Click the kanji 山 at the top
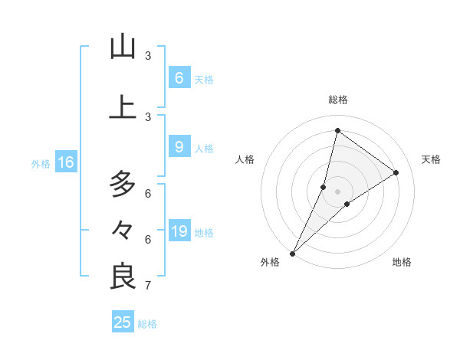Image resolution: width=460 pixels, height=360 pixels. click(123, 47)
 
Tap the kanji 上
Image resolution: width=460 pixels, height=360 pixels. click(123, 107)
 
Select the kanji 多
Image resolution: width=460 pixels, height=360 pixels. click(123, 185)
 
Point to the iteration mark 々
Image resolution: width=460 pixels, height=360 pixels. click(123, 229)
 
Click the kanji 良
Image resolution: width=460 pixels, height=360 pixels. click(123, 277)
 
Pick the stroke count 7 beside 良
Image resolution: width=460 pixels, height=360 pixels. click(148, 286)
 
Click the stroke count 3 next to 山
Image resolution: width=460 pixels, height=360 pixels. click(148, 56)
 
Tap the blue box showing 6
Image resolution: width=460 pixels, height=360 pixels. click(179, 77)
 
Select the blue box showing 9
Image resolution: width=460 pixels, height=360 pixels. click(179, 147)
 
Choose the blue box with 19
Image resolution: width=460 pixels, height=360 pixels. click(179, 231)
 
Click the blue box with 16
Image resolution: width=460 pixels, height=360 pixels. click(66, 162)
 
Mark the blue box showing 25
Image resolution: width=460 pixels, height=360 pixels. click(123, 322)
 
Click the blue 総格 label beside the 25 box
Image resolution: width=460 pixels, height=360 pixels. click(148, 324)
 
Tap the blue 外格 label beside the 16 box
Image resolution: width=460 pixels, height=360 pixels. click(41, 163)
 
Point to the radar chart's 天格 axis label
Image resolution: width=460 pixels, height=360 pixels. click(432, 159)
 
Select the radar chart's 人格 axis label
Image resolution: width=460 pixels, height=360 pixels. click(245, 159)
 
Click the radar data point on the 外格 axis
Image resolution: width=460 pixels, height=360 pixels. click(292, 253)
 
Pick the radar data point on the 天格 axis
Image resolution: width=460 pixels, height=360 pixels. click(396, 172)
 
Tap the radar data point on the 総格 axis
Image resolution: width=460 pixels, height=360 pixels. click(337, 130)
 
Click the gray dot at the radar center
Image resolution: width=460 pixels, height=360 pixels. click(337, 191)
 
